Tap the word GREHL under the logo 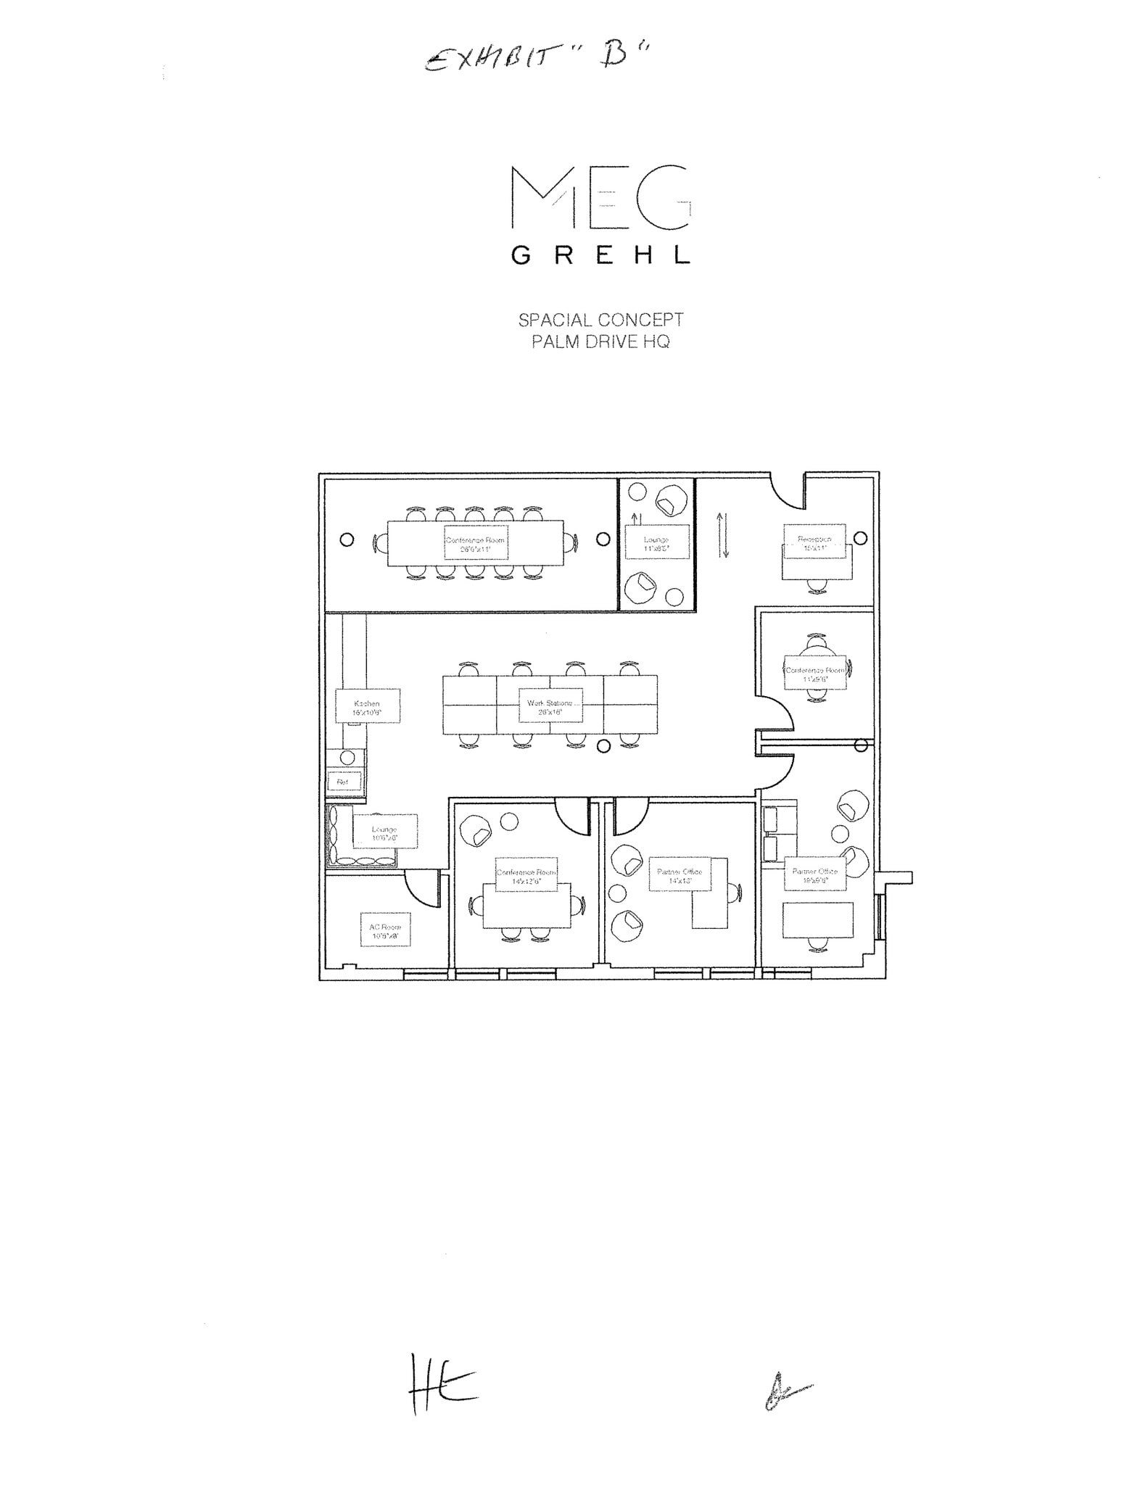pos(600,255)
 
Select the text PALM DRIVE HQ pos(600,342)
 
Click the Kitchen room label pos(367,707)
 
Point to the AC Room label pos(384,931)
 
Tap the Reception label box pos(814,543)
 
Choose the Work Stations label pos(550,707)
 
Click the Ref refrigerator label pos(343,782)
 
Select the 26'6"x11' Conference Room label pos(475,544)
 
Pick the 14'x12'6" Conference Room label pos(526,876)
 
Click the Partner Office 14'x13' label pos(680,876)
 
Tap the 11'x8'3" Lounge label pos(656,544)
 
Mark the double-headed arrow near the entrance pos(723,535)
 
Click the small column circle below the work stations pos(603,746)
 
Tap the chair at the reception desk pos(817,584)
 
